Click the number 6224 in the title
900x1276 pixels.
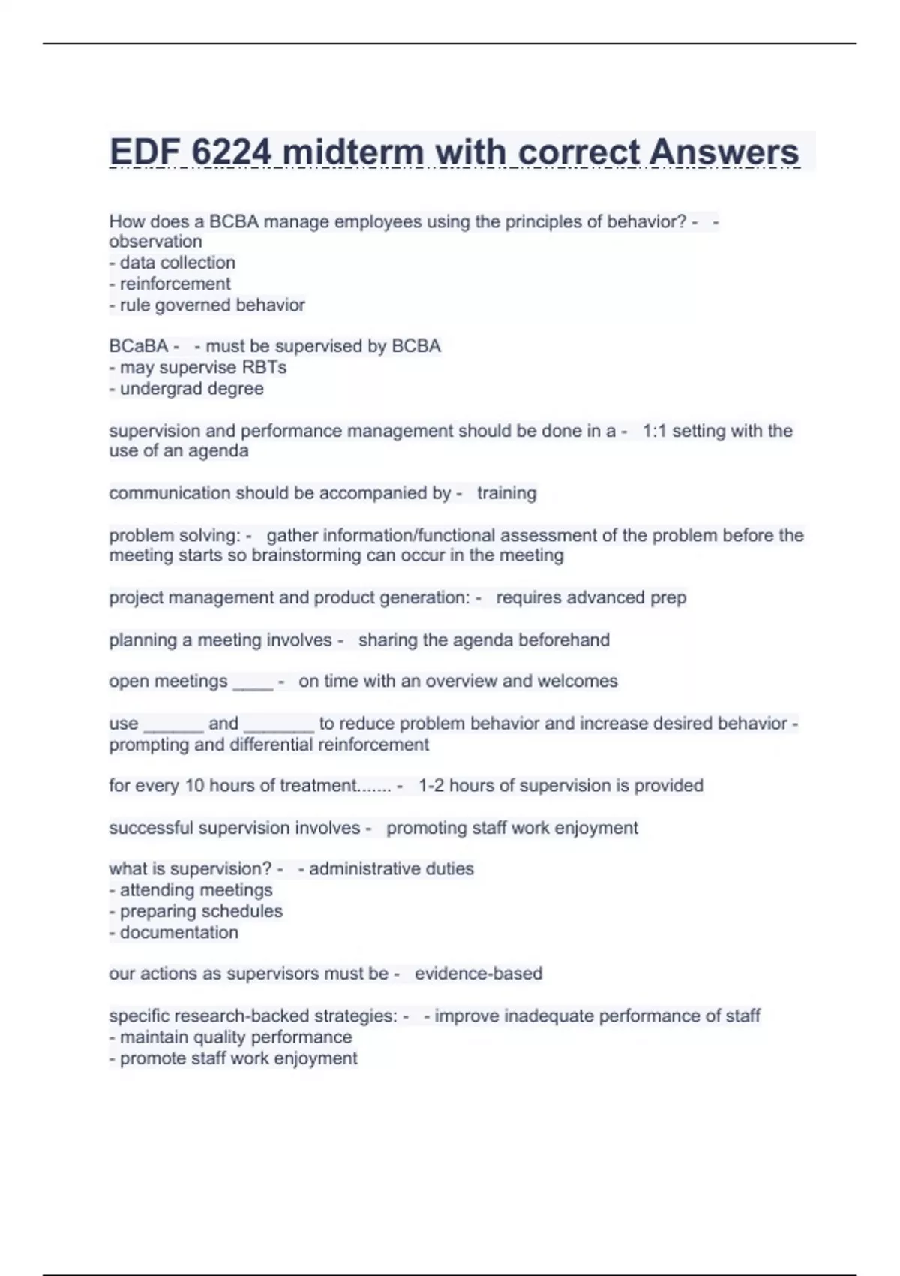231,152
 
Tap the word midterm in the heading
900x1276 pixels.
353,152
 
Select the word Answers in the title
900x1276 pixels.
724,152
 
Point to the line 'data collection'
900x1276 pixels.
177,263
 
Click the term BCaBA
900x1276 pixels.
139,346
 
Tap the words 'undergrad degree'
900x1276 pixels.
191,389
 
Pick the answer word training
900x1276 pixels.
506,493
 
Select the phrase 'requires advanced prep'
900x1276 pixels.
591,598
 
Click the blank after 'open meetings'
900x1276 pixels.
253,683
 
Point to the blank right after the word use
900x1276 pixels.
173,726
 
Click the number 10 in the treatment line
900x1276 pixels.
194,786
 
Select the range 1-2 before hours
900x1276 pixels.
431,786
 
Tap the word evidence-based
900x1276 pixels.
478,974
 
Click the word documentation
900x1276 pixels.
178,933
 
